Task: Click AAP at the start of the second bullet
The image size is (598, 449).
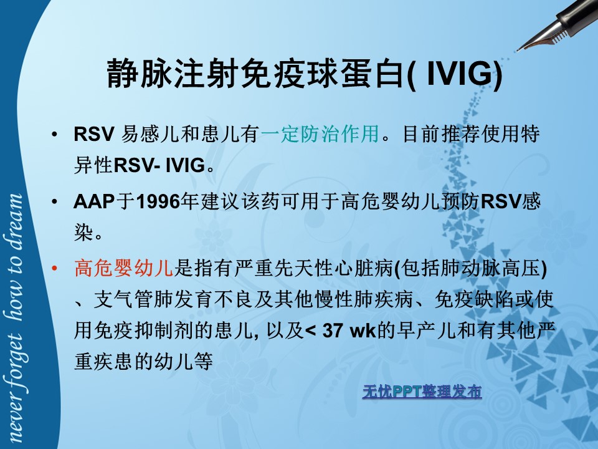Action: tap(94, 201)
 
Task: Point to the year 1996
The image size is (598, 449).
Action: tap(158, 201)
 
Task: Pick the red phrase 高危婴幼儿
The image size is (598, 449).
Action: tap(124, 268)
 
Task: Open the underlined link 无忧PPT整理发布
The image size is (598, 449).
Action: tap(422, 392)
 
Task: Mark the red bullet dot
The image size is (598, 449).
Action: tap(55, 268)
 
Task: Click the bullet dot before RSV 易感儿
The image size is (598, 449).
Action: tap(55, 134)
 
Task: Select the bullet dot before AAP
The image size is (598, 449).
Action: tap(55, 201)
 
